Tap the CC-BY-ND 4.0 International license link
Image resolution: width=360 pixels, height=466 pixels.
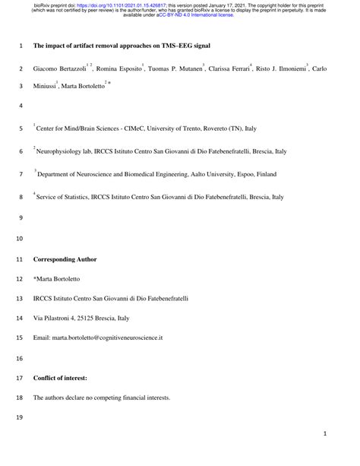click(x=200, y=15)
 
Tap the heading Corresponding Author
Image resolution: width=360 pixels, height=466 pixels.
click(x=65, y=260)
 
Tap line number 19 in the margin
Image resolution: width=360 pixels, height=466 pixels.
click(x=19, y=417)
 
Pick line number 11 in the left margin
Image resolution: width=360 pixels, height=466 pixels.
click(x=19, y=260)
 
